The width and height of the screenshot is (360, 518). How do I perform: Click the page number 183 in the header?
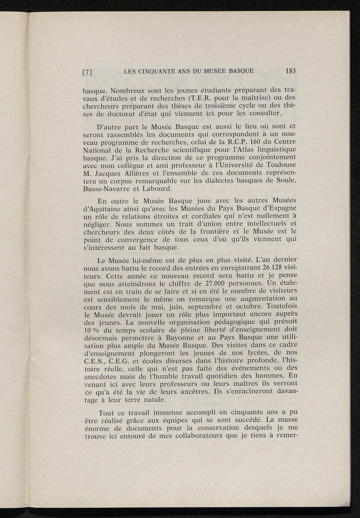[291, 71]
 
